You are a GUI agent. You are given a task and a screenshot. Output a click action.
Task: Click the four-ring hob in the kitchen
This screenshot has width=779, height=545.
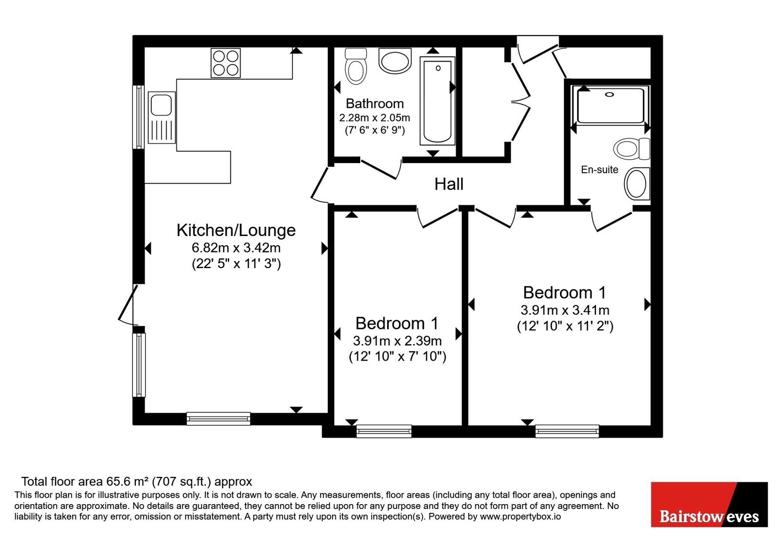225,63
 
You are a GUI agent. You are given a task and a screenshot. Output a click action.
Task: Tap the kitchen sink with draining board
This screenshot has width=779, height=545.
162,117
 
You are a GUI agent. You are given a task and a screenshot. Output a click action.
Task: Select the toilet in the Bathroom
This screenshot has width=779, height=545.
356,66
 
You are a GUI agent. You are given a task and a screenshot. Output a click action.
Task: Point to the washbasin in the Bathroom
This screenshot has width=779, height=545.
395,61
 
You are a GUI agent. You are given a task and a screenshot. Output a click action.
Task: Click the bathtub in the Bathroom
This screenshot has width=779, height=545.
438,101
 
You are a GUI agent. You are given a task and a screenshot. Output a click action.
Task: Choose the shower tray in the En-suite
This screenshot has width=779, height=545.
611,105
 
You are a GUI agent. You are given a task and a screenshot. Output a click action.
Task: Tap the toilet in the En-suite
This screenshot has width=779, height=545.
631,149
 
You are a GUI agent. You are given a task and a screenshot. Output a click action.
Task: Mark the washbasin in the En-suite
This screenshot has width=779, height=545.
637,183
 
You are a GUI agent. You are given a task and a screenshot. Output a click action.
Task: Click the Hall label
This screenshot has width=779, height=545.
449,184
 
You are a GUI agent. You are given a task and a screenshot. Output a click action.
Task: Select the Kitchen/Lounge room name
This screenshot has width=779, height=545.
236,230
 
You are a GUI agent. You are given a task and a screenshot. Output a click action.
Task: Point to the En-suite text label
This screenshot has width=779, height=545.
599,170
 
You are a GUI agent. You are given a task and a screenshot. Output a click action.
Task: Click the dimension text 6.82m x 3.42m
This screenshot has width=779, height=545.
236,248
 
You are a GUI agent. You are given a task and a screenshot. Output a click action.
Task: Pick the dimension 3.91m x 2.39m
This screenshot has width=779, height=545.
397,341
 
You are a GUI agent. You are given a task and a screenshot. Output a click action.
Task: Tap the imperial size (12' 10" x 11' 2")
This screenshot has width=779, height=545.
565,326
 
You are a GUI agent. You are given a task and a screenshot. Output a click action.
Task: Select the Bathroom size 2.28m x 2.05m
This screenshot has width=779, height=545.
374,118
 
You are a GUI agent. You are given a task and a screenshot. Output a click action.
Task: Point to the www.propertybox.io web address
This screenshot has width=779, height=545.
520,516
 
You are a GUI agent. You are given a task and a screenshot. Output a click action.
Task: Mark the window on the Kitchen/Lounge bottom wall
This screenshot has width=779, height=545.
219,419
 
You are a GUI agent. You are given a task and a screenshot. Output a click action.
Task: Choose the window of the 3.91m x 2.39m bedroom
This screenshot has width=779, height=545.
384,431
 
